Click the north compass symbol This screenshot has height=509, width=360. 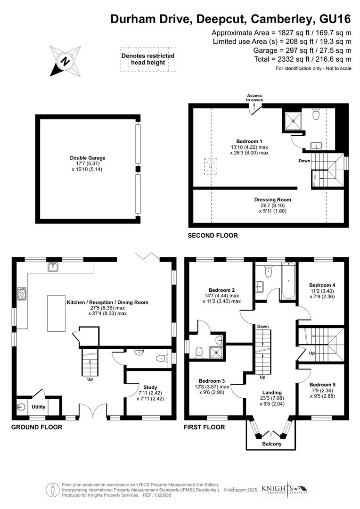(65, 61)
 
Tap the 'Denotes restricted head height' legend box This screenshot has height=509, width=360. (148, 59)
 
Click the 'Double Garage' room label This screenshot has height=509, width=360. (88, 158)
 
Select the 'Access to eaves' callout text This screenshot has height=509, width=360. (254, 98)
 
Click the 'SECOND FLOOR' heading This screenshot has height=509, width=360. (213, 235)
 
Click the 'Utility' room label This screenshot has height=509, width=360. (39, 406)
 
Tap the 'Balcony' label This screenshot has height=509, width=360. (271, 444)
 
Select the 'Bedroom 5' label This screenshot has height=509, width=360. (322, 384)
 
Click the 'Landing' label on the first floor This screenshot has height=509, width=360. (272, 392)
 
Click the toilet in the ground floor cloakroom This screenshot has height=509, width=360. (161, 358)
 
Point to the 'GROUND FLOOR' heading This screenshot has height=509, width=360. (36, 427)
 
